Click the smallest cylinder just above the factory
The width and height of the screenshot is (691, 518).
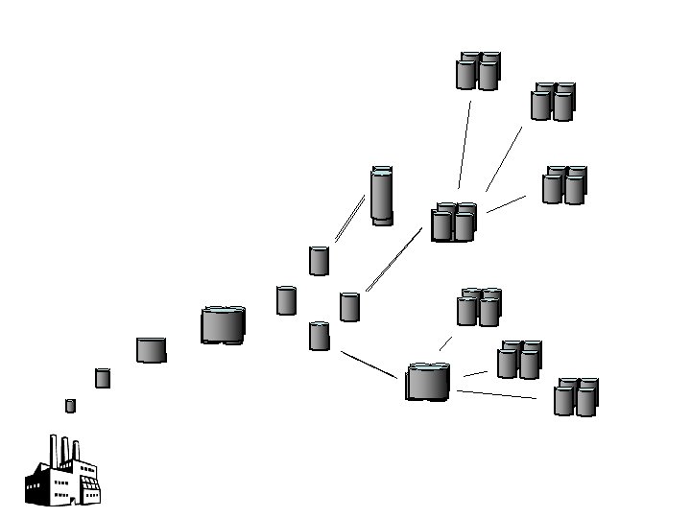point(70,406)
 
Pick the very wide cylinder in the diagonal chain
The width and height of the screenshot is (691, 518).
point(223,325)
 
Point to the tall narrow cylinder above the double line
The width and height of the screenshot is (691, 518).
point(382,196)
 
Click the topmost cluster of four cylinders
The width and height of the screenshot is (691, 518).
point(477,71)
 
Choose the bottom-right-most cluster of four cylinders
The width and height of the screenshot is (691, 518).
point(576,396)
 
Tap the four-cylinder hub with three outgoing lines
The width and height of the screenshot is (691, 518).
point(453,222)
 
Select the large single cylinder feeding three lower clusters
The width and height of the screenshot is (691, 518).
point(428,382)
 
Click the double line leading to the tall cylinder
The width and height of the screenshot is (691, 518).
point(349,219)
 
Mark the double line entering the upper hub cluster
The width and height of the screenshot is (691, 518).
point(393,259)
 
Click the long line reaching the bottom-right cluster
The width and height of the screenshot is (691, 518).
point(496,394)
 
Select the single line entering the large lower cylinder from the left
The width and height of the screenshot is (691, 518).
point(369,364)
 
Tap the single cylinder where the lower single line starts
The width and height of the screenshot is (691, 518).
point(320,336)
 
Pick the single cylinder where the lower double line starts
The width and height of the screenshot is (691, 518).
point(349,307)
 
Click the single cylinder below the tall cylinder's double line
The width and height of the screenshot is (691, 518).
point(319,261)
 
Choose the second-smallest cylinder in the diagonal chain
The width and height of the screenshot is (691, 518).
point(103,378)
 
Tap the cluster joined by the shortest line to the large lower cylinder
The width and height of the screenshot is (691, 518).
point(477,307)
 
